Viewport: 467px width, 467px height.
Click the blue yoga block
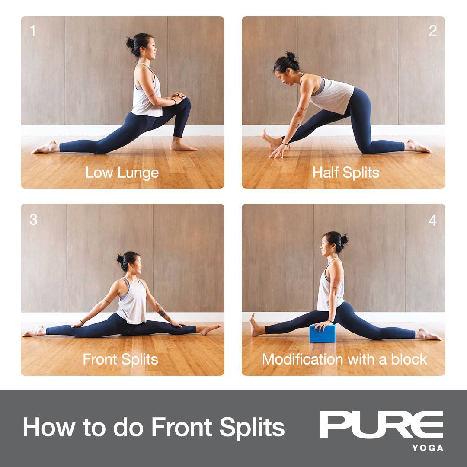322,333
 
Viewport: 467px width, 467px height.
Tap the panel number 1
32,31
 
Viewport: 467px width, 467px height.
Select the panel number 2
433,31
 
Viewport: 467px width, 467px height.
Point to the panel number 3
33,220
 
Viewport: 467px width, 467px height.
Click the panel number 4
432,221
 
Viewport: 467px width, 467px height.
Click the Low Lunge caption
122,173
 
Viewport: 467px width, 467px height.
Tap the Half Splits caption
346,173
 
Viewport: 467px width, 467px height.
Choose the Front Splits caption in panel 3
120,359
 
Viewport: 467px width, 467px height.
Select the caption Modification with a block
345,359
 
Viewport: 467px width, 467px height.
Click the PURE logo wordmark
381,425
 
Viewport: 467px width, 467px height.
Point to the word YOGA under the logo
428,448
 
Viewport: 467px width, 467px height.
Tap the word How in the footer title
49,427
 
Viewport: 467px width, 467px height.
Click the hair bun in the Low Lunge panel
130,43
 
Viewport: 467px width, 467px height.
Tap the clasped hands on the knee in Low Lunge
178,97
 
